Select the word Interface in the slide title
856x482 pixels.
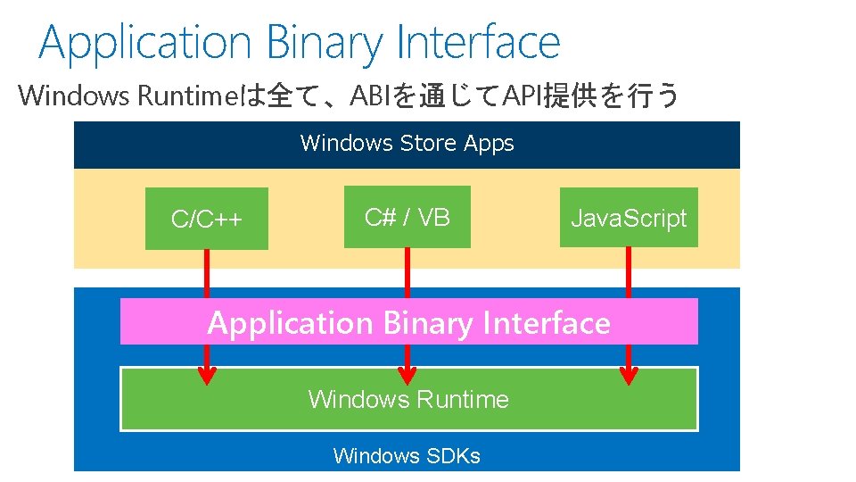[478, 43]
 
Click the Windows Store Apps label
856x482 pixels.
[407, 144]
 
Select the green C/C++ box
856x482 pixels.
[207, 220]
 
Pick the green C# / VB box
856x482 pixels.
[407, 217]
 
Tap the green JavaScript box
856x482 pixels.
[629, 218]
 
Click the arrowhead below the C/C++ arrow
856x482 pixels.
[207, 375]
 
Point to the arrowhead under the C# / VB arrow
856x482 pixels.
[407, 375]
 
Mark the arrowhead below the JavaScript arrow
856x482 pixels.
[629, 375]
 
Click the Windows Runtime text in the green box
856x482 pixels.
[408, 399]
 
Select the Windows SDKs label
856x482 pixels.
[407, 456]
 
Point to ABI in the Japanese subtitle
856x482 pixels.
[370, 96]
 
